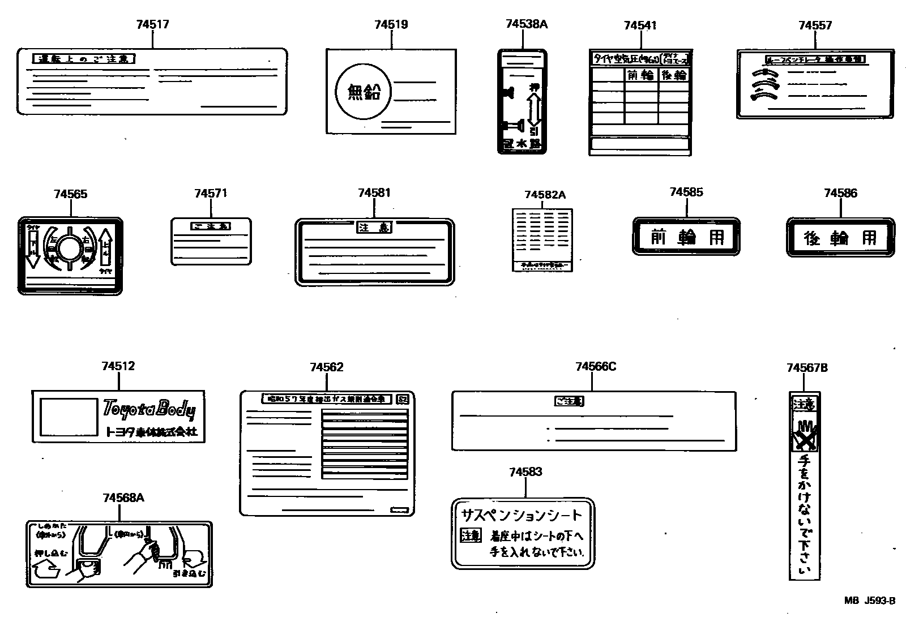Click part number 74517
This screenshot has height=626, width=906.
tap(152, 24)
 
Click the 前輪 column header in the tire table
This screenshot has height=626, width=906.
tap(640, 75)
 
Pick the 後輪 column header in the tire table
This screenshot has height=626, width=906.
tap(673, 75)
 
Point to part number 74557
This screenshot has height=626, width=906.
tap(815, 25)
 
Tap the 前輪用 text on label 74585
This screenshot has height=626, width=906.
tap(687, 237)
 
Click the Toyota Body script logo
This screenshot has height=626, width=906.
tap(149, 409)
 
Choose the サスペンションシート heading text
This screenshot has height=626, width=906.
tap(522, 515)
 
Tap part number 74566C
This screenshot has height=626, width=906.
tap(595, 367)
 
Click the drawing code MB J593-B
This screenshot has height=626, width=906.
tap(870, 601)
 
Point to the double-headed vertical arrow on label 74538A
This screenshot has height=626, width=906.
tap(534, 110)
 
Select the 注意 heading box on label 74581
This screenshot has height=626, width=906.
tap(374, 228)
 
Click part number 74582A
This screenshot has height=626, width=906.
tap(545, 195)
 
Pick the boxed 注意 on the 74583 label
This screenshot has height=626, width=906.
tap(471, 535)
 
